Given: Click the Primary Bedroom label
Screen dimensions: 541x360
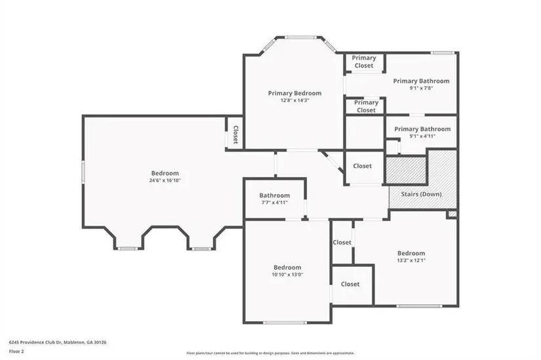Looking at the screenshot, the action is (x=294, y=93).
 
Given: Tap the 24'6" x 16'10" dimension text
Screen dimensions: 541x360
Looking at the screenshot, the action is (x=165, y=180).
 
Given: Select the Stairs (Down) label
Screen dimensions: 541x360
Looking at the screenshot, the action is (x=421, y=194).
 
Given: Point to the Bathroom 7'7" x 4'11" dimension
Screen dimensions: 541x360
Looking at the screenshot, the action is (x=275, y=203).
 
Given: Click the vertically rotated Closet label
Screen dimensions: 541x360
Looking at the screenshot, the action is (x=235, y=134).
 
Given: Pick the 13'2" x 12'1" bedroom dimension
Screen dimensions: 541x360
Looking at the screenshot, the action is (x=411, y=260).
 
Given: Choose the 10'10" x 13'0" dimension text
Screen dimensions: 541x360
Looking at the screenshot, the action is (x=287, y=275).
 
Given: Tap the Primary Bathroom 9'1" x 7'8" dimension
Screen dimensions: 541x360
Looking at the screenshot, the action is (x=421, y=88).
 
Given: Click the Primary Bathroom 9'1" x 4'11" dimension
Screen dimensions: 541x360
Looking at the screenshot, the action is (x=422, y=136).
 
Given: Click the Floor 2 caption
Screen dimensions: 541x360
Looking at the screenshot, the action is (x=16, y=351).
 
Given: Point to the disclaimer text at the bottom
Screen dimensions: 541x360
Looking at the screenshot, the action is (x=270, y=353).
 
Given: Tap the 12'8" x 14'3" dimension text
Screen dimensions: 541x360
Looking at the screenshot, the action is (x=294, y=100).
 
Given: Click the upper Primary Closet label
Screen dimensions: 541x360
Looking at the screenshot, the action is (x=364, y=62).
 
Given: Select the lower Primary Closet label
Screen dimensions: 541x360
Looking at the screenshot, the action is (x=366, y=106).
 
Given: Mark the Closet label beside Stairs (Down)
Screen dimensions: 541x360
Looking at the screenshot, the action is (x=362, y=166).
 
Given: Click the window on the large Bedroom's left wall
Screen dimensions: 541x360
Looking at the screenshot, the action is (x=83, y=172).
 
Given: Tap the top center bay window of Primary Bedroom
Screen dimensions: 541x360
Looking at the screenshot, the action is (x=300, y=37).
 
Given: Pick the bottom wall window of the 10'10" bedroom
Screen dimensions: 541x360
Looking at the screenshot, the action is (x=285, y=323).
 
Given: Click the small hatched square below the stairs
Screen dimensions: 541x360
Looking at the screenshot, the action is (x=452, y=214).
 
